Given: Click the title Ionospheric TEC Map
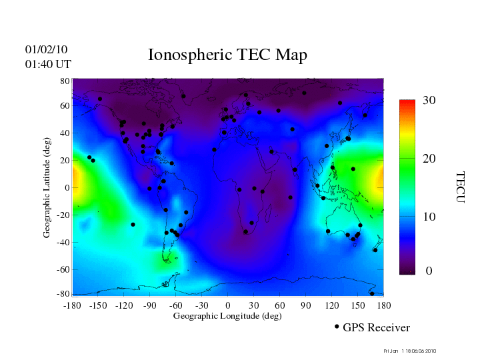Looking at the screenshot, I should click(x=227, y=55).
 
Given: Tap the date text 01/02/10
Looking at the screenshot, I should click(x=46, y=49).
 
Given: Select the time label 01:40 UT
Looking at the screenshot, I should click(x=47, y=64).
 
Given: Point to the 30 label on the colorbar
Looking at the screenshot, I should click(x=429, y=101).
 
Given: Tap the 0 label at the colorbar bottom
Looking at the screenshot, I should click(x=429, y=271).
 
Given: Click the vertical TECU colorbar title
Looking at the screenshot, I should click(x=459, y=187).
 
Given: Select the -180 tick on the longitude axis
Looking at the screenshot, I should click(x=72, y=305).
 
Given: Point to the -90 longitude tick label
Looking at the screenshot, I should click(x=150, y=305).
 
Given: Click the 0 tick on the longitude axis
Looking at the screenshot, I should click(x=228, y=305).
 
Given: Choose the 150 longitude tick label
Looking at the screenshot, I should click(x=358, y=305).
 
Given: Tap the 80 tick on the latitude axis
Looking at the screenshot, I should click(x=65, y=81).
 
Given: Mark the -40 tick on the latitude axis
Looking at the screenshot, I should click(x=64, y=242).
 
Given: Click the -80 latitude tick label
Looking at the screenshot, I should click(x=64, y=294).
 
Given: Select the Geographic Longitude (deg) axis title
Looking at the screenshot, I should click(x=227, y=316).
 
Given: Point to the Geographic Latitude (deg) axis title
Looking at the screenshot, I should click(x=47, y=192).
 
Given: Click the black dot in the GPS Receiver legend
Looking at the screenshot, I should click(x=337, y=327).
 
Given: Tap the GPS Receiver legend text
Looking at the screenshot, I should click(x=376, y=328).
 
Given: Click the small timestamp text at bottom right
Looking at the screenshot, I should click(x=410, y=351).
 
